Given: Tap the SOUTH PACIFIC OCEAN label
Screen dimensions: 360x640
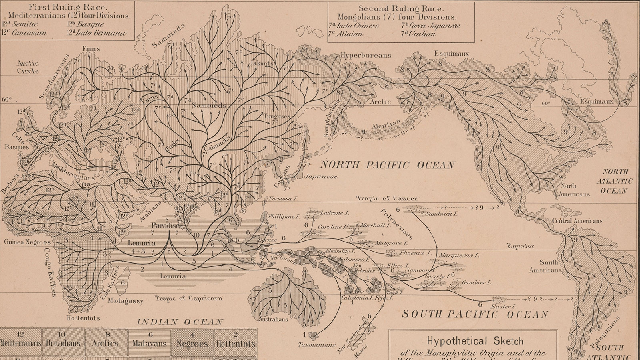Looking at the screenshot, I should click(475, 314).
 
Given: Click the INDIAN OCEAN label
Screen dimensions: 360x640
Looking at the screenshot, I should click(180, 322).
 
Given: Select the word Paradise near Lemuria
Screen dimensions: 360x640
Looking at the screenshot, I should click(165, 226).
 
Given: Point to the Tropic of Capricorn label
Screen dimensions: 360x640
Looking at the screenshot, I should click(189, 298).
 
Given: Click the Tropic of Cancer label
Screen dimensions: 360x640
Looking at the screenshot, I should click(386, 198).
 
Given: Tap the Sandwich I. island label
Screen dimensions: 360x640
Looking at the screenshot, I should click(441, 214).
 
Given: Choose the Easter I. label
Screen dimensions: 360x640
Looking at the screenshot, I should click(505, 306).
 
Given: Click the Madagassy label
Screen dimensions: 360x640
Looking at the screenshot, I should click(125, 301).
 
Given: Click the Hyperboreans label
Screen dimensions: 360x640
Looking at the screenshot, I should click(366, 56).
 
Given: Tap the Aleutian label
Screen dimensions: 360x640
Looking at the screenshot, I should click(386, 125).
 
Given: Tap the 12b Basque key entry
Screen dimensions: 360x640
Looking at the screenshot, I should click(86, 24).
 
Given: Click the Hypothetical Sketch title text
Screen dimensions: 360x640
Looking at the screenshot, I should click(475, 341).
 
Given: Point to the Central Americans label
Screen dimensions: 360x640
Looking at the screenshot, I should click(577, 221).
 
